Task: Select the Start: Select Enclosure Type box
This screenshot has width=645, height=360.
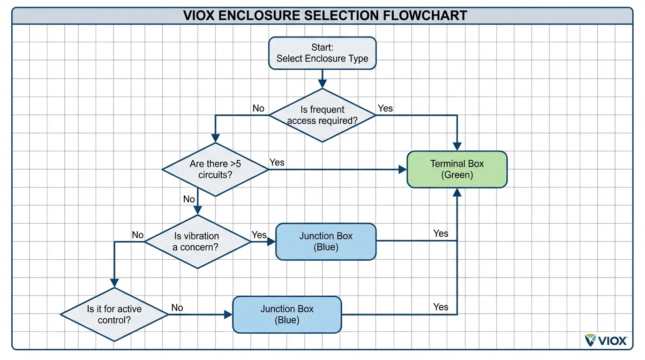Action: pyautogui.click(x=322, y=53)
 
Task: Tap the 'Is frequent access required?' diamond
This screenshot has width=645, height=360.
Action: pyautogui.click(x=322, y=115)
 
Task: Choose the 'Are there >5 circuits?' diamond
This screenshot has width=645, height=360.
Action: pyautogui.click(x=215, y=169)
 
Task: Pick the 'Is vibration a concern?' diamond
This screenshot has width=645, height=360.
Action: pyautogui.click(x=198, y=241)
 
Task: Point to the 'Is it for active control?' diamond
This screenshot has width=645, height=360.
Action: pyautogui.click(x=114, y=315)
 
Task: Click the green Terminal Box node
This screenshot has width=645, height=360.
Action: pyautogui.click(x=457, y=169)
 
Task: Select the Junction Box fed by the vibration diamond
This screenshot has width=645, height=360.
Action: pyautogui.click(x=325, y=241)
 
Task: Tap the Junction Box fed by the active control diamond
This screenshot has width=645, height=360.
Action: pyautogui.click(x=287, y=315)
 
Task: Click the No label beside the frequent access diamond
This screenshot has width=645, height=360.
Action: pyautogui.click(x=258, y=108)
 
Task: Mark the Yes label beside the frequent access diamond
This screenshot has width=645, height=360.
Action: pyautogui.click(x=385, y=108)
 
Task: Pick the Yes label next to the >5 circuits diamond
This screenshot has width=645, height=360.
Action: pyautogui.click(x=277, y=162)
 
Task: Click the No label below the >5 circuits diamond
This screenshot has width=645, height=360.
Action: pyautogui.click(x=189, y=199)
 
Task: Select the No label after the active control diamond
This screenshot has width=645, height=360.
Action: pyautogui.click(x=177, y=307)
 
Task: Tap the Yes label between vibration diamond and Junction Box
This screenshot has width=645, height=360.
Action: pyautogui.click(x=259, y=235)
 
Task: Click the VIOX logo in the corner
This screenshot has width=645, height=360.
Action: pyautogui.click(x=606, y=340)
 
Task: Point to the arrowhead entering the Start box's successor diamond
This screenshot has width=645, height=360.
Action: pyautogui.click(x=322, y=84)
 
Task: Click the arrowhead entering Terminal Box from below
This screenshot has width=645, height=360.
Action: pyautogui.click(x=457, y=192)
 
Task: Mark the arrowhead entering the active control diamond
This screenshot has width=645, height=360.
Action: pyautogui.click(x=114, y=283)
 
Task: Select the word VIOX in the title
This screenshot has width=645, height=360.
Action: pyautogui.click(x=200, y=15)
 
